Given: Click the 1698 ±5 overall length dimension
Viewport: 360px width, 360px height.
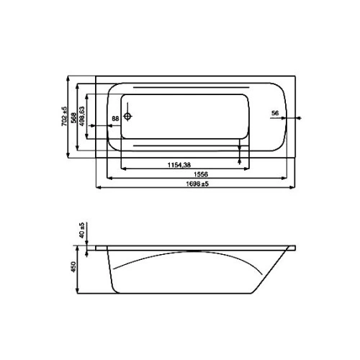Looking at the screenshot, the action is (197, 184).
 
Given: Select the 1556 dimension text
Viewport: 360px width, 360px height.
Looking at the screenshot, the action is (201, 174).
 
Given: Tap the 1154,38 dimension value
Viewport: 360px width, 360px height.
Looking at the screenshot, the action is (179, 165).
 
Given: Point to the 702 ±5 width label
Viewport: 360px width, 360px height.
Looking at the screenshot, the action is (64, 117).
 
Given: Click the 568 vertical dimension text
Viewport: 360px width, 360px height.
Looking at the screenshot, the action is (73, 117).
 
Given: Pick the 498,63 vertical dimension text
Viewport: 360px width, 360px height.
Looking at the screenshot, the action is (82, 117).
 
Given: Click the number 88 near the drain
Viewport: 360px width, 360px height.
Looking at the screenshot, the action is (115, 119).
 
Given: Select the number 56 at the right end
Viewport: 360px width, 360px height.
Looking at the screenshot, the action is (275, 113).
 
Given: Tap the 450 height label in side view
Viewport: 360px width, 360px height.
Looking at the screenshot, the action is (73, 266).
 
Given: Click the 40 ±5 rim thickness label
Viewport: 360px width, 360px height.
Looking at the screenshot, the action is (82, 230).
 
